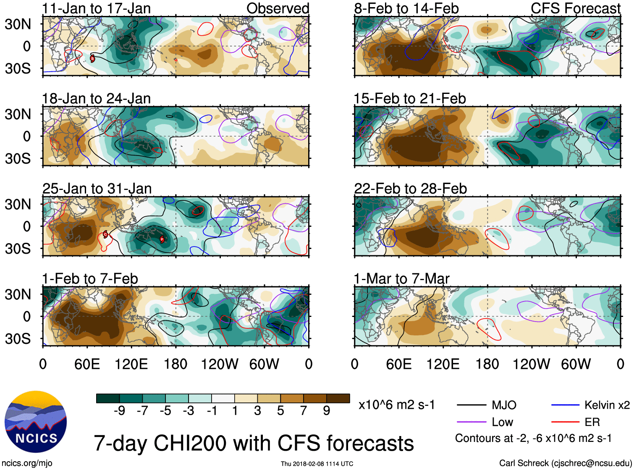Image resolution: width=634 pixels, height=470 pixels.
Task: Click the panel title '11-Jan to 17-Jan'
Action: click(96, 8)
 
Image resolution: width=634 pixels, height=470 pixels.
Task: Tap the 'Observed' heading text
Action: click(278, 8)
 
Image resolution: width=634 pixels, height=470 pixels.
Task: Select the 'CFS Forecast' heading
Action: click(575, 8)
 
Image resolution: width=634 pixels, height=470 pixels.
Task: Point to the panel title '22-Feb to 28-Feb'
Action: click(410, 189)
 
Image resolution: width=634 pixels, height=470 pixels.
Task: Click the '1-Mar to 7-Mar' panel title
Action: click(401, 279)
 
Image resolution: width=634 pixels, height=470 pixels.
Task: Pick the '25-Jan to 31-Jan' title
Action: click(97, 189)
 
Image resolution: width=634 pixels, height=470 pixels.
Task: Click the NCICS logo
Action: click(36, 422)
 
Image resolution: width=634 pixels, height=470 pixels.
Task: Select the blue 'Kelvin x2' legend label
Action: click(607, 405)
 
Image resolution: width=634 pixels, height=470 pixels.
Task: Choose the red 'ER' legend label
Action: click(592, 422)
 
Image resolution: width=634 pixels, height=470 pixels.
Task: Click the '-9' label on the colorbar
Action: click(119, 411)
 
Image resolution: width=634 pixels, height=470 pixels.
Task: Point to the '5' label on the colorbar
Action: click(280, 411)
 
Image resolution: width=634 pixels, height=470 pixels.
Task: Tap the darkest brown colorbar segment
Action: click(338, 398)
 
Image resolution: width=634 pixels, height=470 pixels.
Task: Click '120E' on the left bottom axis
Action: click(131, 364)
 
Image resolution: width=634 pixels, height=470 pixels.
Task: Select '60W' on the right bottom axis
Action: click(576, 364)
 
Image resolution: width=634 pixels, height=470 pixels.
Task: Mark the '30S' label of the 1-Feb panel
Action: click(18, 339)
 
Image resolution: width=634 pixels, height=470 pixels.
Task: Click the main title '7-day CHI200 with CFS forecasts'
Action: click(254, 443)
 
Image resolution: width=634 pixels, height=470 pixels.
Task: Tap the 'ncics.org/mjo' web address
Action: click(27, 463)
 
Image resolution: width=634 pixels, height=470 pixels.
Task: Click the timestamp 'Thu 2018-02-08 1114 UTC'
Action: click(317, 464)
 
